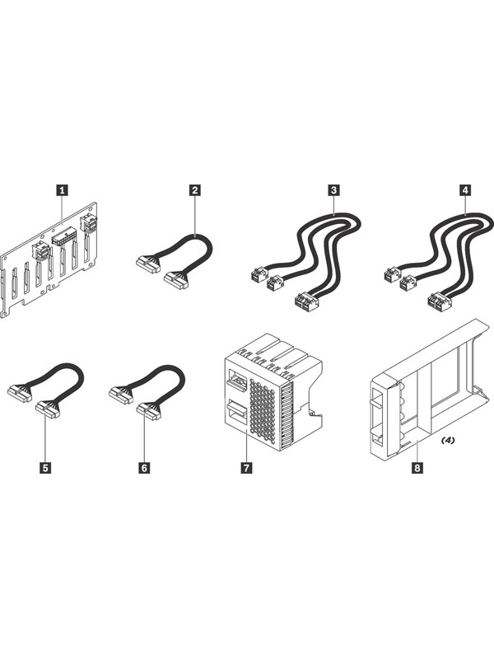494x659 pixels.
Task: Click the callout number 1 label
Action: [62, 190]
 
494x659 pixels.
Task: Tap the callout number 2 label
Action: [194, 190]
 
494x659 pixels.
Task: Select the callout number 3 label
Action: [333, 190]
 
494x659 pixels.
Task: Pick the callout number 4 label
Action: [466, 190]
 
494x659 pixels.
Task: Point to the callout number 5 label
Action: [46, 467]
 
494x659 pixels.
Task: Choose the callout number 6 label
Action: [145, 467]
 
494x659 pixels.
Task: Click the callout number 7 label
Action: [246, 467]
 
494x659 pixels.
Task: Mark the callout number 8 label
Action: [417, 467]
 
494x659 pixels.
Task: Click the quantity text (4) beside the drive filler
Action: [447, 441]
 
